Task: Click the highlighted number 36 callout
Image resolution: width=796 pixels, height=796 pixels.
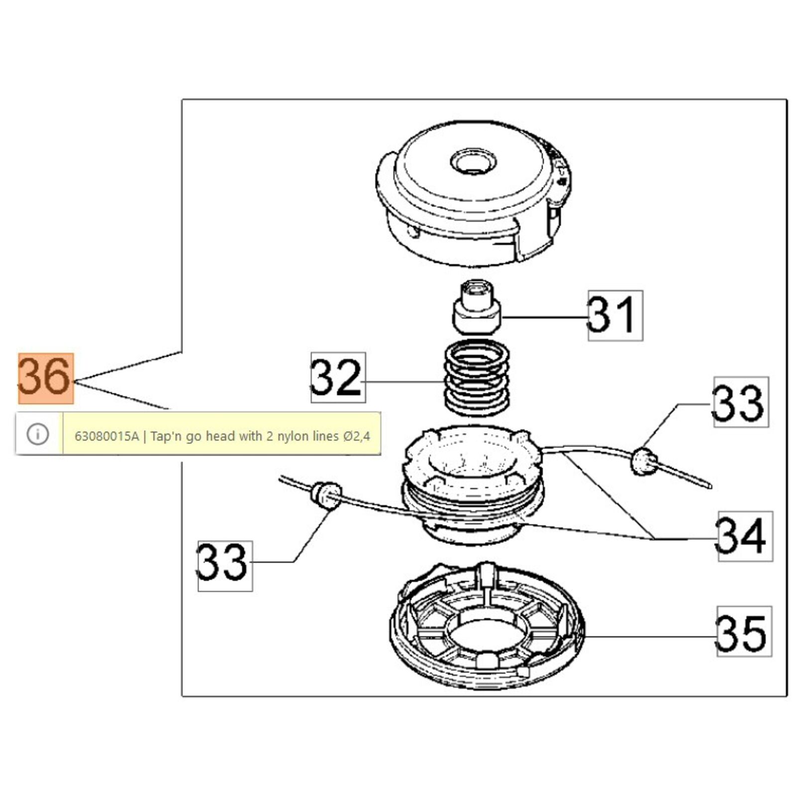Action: coord(45,378)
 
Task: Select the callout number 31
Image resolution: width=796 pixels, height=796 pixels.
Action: coord(615,315)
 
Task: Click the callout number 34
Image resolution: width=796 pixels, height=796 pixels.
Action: coord(745,536)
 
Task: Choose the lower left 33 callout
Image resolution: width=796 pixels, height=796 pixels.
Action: coord(225,566)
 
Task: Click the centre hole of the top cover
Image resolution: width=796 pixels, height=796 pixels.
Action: coord(473,161)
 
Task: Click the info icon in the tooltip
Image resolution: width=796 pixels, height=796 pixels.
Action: coord(38,434)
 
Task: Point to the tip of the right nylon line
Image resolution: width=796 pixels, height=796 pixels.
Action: coord(709,486)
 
